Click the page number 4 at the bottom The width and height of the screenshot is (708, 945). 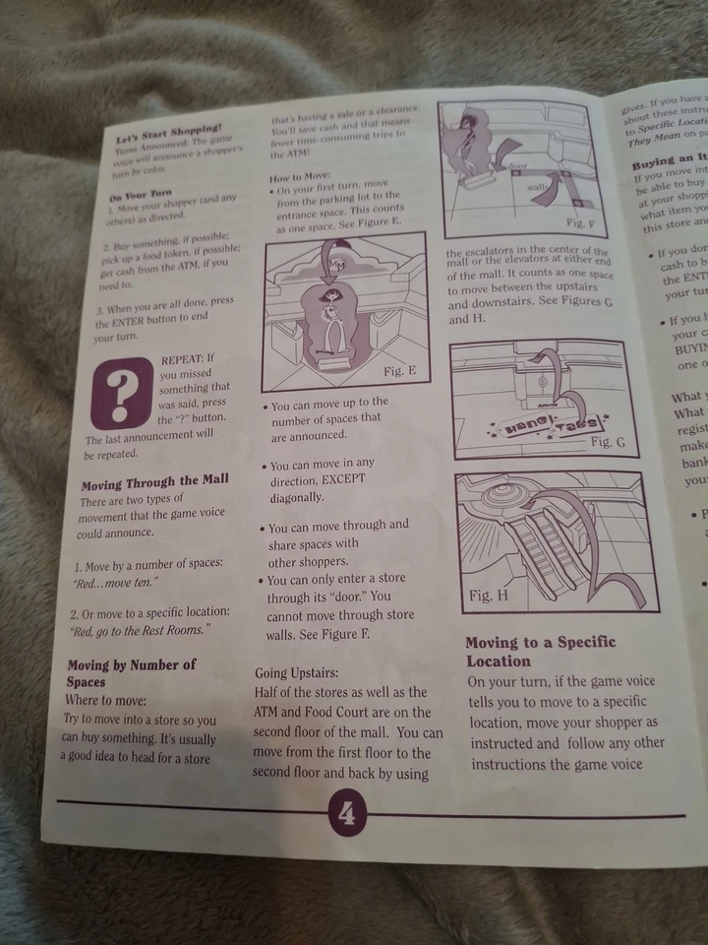coord(347,813)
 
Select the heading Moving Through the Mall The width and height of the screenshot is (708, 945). coord(154,483)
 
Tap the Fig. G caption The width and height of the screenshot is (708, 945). coord(608,443)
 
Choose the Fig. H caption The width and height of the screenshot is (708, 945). coord(488,596)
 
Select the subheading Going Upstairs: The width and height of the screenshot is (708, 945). coord(297,673)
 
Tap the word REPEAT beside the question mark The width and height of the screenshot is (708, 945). coord(184,357)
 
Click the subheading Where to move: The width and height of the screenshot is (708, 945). coord(106,700)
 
